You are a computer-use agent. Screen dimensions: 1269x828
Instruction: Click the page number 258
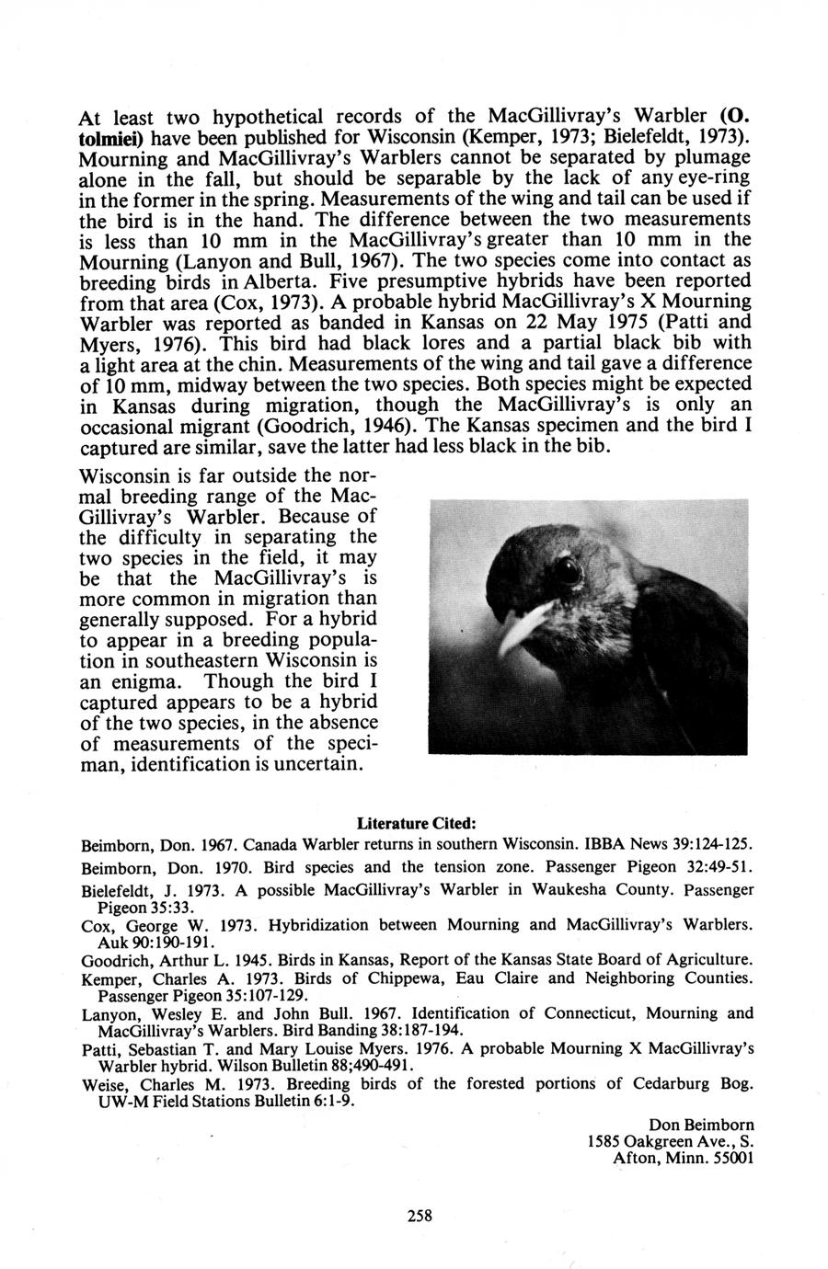(x=419, y=1215)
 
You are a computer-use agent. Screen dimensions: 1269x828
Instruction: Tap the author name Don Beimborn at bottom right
(x=701, y=1124)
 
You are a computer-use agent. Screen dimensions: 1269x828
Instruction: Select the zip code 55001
(x=732, y=1159)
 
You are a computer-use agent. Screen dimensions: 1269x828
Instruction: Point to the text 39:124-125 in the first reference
(x=712, y=843)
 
